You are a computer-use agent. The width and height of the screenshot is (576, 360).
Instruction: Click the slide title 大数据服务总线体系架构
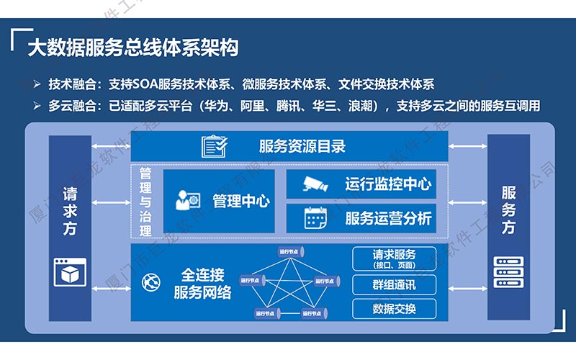[132, 48]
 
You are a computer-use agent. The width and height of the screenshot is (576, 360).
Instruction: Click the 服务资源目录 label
[302, 146]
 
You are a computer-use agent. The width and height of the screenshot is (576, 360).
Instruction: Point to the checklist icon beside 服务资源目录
[215, 146]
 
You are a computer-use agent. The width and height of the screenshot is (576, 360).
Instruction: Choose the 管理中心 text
[240, 201]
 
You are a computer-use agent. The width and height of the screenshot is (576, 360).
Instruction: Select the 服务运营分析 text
[388, 217]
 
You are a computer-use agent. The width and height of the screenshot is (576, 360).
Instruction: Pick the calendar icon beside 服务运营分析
[315, 217]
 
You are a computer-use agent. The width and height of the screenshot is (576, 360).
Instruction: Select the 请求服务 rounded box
[394, 258]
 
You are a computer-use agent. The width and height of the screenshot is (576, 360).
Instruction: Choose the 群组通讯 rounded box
[394, 284]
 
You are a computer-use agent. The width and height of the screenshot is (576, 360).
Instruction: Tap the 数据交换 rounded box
[394, 309]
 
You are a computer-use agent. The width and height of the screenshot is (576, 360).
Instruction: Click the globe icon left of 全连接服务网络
[152, 284]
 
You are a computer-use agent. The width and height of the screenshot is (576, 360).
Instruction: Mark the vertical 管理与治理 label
[145, 202]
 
